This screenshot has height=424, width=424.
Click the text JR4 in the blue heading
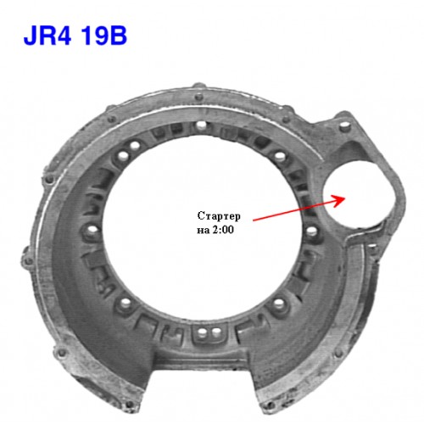(47, 36)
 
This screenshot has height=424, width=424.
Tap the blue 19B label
(103, 36)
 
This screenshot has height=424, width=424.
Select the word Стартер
(219, 216)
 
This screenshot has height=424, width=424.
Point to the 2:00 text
(223, 230)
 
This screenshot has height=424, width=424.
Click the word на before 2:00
(204, 231)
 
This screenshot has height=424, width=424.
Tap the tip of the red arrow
(345, 197)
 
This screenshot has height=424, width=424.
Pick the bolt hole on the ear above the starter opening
(344, 126)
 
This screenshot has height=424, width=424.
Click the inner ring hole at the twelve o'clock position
(201, 125)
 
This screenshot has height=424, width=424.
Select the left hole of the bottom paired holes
(201, 332)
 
